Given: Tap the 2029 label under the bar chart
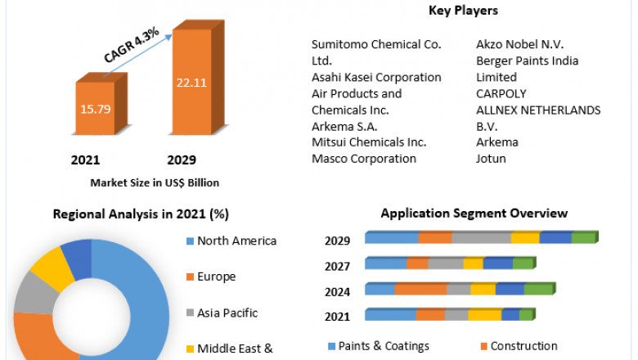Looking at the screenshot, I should [182, 160].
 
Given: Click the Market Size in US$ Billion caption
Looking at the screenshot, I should [155, 182].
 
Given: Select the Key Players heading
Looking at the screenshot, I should [463, 11].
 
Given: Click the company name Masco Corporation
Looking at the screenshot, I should [364, 158].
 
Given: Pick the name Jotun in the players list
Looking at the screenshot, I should [491, 158].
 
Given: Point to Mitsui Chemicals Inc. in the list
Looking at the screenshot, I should [369, 142].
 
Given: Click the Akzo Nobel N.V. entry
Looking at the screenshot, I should [519, 44].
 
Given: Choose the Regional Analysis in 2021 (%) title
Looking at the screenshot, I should [141, 214].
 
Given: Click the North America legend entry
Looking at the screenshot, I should [236, 241].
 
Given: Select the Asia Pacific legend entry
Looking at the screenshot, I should [227, 313].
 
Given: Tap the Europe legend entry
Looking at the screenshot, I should [216, 277].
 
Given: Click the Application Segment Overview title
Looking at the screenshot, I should [474, 214].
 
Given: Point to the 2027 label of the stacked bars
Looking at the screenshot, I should [337, 266].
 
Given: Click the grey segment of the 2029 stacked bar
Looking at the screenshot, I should [481, 238].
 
